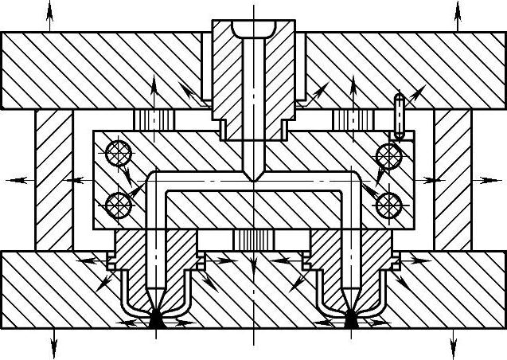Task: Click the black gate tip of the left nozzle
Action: click(x=156, y=321)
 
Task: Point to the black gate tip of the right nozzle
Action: click(x=350, y=321)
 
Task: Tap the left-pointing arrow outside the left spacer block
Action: click(x=18, y=181)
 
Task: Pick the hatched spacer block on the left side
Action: click(x=54, y=179)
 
